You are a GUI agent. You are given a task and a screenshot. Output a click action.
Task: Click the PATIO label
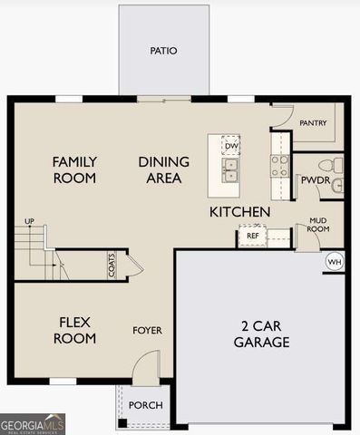pyautogui.click(x=163, y=51)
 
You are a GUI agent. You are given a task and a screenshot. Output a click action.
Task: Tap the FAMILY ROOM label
pyautogui.click(x=74, y=170)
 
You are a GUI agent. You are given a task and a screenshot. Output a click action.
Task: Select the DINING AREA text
pyautogui.click(x=164, y=170)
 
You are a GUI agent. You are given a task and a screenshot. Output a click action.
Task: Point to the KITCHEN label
pyautogui.click(x=239, y=212)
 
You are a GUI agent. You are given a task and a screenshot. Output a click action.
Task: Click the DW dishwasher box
pyautogui.click(x=231, y=145)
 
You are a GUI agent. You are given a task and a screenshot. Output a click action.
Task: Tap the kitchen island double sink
pyautogui.click(x=231, y=169)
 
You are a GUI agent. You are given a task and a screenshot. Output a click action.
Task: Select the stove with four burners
pyautogui.click(x=279, y=165)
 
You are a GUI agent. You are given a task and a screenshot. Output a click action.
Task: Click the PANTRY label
pyautogui.click(x=313, y=122)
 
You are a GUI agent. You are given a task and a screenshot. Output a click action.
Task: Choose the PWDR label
pyautogui.click(x=315, y=180)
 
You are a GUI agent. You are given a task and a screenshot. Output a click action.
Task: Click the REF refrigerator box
pyautogui.click(x=252, y=236)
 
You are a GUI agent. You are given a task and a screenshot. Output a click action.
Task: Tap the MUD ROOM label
pyautogui.click(x=317, y=225)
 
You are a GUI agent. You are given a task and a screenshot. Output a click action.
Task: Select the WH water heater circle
pyautogui.click(x=334, y=262)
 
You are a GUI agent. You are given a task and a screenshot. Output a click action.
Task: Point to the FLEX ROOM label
pyautogui.click(x=74, y=331)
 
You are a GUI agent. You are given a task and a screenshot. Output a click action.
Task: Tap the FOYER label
pyautogui.click(x=147, y=331)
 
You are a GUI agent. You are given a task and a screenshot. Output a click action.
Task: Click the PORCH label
pyautogui.click(x=145, y=405)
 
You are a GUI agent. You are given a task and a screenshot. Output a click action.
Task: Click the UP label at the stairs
pyautogui.click(x=29, y=221)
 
